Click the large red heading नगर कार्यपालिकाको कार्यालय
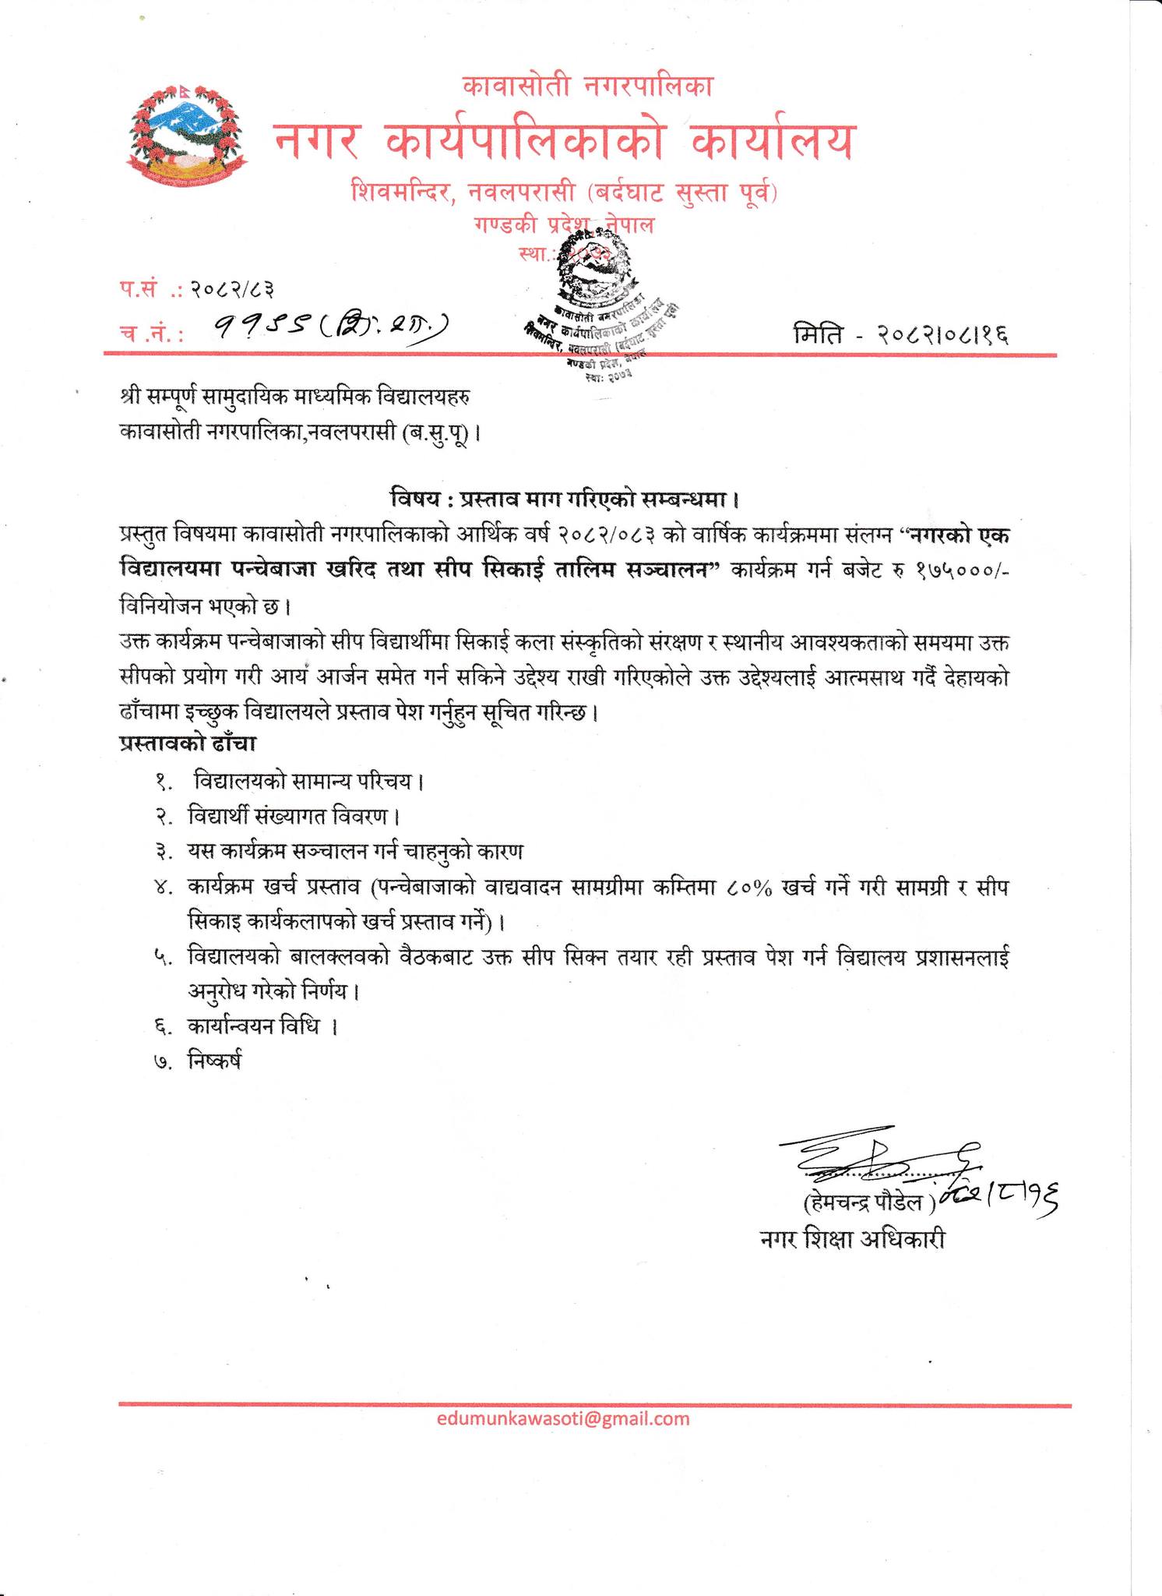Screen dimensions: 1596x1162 point(563,141)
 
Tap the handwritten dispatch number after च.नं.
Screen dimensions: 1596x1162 point(331,328)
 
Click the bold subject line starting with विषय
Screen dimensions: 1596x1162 point(564,497)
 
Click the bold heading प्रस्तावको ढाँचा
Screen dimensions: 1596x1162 point(188,743)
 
